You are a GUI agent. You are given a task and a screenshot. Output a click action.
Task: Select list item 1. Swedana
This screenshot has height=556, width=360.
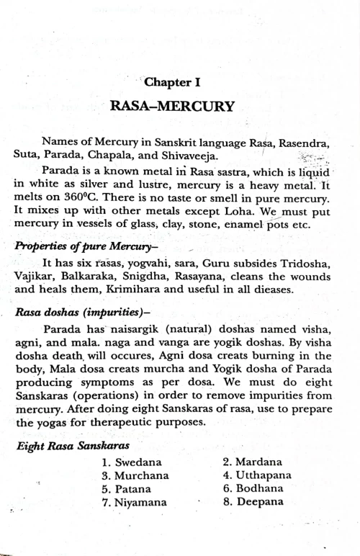pos(132,462)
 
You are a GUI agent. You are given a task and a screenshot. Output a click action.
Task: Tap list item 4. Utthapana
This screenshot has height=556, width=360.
pos(257,475)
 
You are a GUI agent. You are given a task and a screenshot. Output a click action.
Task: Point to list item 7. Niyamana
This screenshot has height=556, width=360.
pos(135,502)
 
